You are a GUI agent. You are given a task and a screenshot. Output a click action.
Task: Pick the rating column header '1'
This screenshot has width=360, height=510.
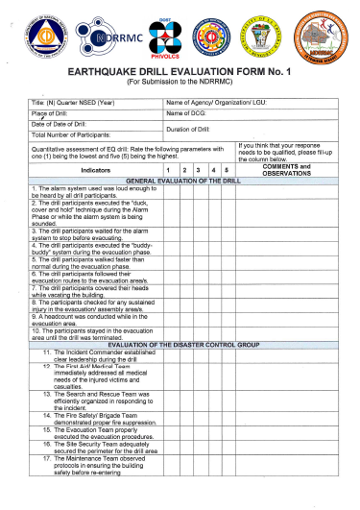click(x=169, y=170)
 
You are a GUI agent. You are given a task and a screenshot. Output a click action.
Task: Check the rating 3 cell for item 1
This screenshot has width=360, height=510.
click(x=199, y=190)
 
